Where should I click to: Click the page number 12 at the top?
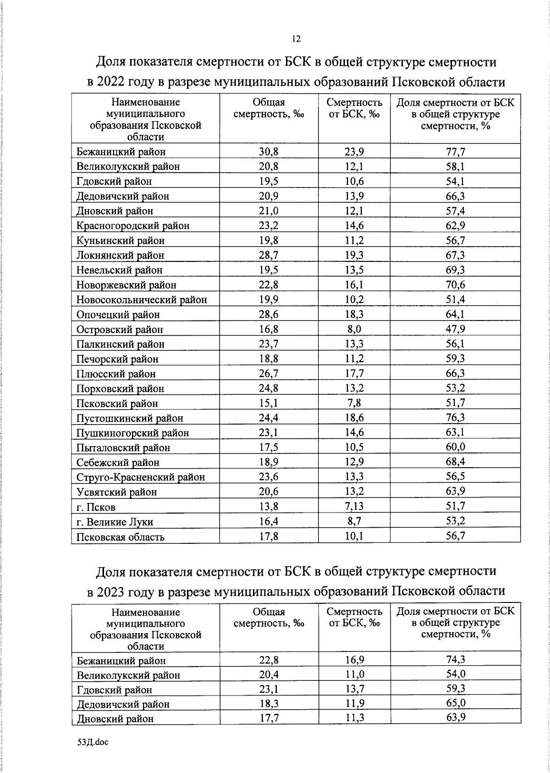tap(296, 39)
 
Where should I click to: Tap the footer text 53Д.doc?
tap(93, 742)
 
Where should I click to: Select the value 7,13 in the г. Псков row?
tap(354, 507)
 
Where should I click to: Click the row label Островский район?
tap(120, 330)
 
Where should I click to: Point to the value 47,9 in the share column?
tap(455, 329)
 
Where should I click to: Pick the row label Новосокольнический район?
tap(142, 300)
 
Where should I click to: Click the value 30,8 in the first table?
tap(269, 152)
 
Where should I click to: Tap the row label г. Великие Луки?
tap(115, 522)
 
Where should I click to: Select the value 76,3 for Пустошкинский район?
tap(455, 418)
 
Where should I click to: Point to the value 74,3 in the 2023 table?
tap(455, 660)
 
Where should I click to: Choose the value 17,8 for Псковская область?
tap(269, 536)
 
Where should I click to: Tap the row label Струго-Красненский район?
tap(141, 477)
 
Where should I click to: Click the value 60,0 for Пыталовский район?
tap(455, 447)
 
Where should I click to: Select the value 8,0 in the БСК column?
tap(354, 329)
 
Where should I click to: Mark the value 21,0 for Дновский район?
tap(269, 211)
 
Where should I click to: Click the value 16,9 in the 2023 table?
tap(354, 660)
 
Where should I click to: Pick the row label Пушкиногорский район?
tap(133, 433)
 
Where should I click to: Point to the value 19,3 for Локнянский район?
tap(354, 255)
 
